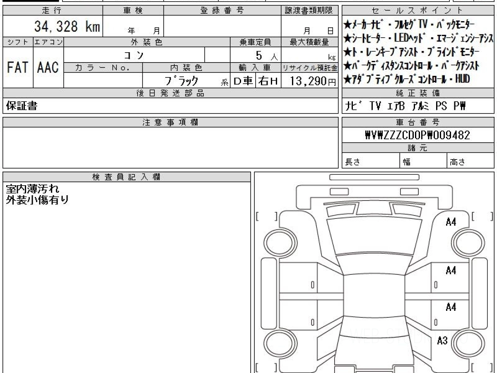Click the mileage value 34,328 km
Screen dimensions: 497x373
point(67,26)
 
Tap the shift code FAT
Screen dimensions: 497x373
point(18,67)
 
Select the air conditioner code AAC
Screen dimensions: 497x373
point(48,67)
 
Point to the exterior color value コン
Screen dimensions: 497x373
point(134,55)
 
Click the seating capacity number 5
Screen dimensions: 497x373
point(259,55)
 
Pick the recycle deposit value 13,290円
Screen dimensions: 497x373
point(313,81)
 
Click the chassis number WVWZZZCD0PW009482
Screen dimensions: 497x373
point(417,135)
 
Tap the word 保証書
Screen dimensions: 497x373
point(22,106)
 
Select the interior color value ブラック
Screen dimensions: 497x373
point(181,81)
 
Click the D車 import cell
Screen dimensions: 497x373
point(243,81)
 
